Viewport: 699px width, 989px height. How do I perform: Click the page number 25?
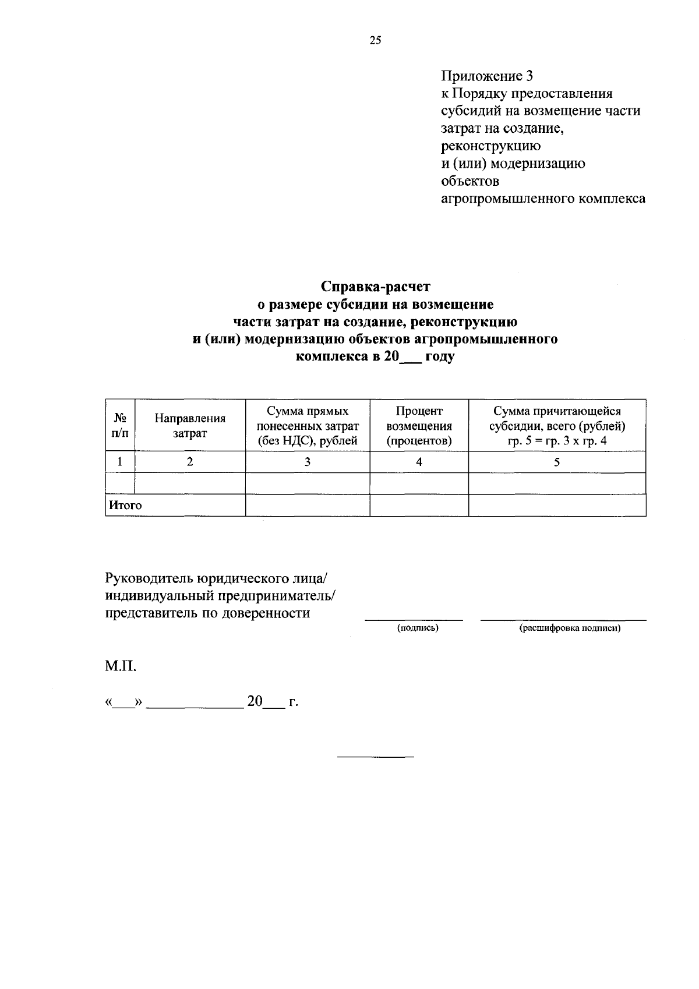(x=375, y=40)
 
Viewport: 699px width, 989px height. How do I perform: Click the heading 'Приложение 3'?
(x=487, y=76)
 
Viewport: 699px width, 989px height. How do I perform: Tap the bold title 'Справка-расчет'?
(x=375, y=287)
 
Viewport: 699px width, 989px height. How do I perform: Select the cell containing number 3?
(x=308, y=462)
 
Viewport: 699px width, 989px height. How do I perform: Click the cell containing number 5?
(x=557, y=462)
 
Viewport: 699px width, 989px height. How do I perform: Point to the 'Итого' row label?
(x=125, y=506)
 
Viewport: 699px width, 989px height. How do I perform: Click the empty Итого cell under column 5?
(x=557, y=506)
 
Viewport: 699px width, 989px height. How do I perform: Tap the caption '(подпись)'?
(x=418, y=628)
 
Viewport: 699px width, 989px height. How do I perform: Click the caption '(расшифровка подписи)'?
(x=570, y=628)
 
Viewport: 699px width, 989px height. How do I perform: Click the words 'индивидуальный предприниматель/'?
(x=221, y=595)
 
